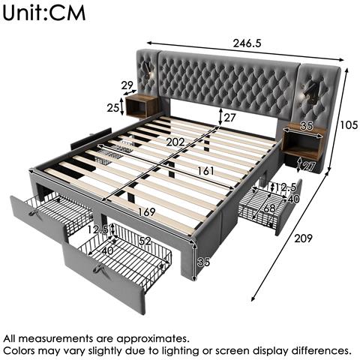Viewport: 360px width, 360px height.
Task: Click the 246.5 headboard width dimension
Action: click(247, 43)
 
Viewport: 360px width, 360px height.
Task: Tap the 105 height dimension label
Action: click(349, 124)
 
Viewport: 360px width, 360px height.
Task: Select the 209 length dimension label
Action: click(303, 238)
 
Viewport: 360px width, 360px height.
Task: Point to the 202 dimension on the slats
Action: click(175, 142)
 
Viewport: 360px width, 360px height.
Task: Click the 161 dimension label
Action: click(205, 171)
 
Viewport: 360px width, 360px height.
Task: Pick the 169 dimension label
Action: click(147, 212)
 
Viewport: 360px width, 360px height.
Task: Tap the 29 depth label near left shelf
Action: click(127, 85)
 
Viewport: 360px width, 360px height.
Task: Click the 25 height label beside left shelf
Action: click(112, 108)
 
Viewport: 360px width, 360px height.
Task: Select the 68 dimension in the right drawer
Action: click(269, 208)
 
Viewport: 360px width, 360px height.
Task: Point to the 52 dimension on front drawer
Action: click(145, 241)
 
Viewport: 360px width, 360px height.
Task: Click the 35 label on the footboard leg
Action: click(203, 262)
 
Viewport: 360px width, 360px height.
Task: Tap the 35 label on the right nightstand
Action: click(307, 126)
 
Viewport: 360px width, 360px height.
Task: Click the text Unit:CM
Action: click(44, 13)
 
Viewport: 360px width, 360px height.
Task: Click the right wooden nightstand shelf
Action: click(304, 142)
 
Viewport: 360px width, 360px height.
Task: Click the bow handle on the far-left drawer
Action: click(34, 212)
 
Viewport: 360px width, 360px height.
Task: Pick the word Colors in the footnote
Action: click(19, 351)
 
